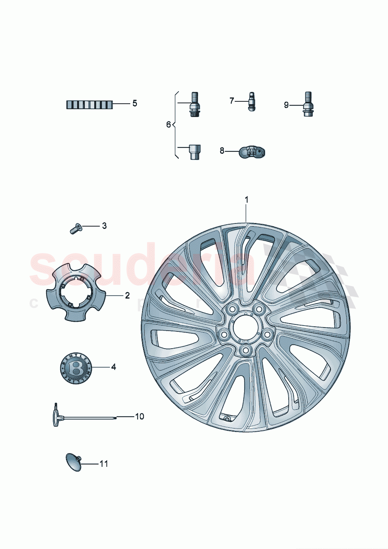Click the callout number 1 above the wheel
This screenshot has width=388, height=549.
246,200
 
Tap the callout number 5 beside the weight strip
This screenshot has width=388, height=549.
135,103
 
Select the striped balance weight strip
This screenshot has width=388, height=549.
89,104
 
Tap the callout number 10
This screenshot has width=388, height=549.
140,416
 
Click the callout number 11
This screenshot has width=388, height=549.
104,464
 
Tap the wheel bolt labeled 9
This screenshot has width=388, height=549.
308,104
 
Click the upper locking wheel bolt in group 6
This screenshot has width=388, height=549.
194,104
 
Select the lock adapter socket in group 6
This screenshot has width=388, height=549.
194,151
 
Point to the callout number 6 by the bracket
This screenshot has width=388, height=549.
169,124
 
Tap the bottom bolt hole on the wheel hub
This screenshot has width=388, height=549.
246,349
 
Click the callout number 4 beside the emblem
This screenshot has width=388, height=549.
113,367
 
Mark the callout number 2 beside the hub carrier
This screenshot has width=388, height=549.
127,295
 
